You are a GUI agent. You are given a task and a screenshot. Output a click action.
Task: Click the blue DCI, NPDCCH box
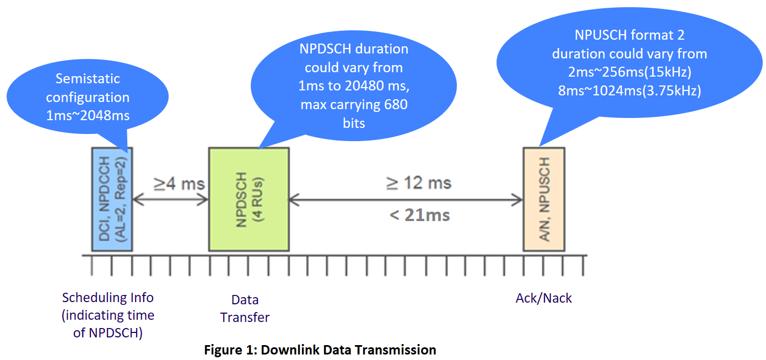tap(112, 200)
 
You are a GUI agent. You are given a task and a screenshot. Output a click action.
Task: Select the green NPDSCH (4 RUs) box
tap(249, 200)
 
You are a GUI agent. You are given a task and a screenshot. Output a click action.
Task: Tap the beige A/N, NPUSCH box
tap(544, 200)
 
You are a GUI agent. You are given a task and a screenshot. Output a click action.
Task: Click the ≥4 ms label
tap(179, 184)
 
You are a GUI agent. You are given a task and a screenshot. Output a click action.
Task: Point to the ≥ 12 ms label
tap(419, 182)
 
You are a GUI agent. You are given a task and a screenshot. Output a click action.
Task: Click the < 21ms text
tap(419, 215)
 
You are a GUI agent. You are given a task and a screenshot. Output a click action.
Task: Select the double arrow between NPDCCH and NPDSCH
tap(170, 200)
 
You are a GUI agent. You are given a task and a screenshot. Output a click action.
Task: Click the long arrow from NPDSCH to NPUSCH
tap(406, 200)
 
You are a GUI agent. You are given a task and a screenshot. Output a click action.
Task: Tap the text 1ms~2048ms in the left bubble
tap(88, 116)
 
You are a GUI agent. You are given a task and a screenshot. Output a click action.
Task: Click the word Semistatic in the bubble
tap(88, 79)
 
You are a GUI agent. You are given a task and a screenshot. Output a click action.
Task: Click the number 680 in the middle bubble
tap(396, 104)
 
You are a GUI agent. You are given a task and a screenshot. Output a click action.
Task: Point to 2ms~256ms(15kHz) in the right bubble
tap(629, 72)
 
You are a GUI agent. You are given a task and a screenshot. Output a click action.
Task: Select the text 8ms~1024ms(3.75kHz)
tap(629, 90)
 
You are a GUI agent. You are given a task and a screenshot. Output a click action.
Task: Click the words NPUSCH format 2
tap(629, 35)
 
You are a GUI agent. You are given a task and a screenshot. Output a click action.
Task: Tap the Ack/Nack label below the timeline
tap(544, 298)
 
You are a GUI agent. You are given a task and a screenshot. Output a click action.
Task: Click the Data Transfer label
tap(245, 309)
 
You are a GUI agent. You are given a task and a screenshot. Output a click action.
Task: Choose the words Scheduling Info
tap(107, 298)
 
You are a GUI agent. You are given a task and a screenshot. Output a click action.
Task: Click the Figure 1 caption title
tap(320, 350)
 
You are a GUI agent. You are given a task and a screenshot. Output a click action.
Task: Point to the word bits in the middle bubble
tap(354, 123)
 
